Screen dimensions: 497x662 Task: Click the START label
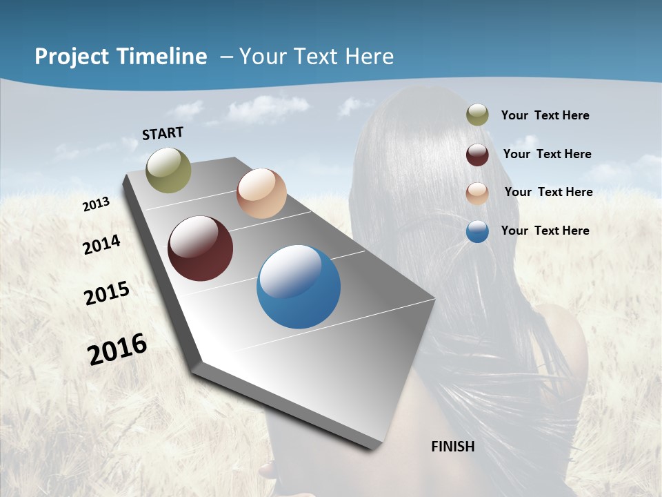[x=163, y=133]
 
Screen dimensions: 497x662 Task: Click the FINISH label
[x=453, y=447]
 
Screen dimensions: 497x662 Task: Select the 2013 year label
[x=96, y=204]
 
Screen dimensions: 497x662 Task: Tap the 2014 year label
[x=102, y=244]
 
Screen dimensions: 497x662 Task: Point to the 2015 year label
[x=107, y=293]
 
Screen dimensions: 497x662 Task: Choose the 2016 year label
[x=117, y=349]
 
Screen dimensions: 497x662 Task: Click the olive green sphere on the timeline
[x=168, y=170]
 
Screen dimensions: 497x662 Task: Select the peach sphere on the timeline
[x=261, y=193]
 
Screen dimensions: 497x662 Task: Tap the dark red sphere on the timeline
[x=200, y=248]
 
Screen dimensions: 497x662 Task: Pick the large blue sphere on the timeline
[x=299, y=286]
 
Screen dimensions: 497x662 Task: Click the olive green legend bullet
[x=477, y=115]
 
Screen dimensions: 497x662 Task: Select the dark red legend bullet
[x=477, y=155]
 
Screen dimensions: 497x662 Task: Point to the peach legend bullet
[x=477, y=193]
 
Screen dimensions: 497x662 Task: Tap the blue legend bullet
[x=477, y=231]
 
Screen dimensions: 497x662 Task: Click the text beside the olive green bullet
[x=545, y=115]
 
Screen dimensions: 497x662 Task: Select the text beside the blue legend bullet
[x=545, y=231]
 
